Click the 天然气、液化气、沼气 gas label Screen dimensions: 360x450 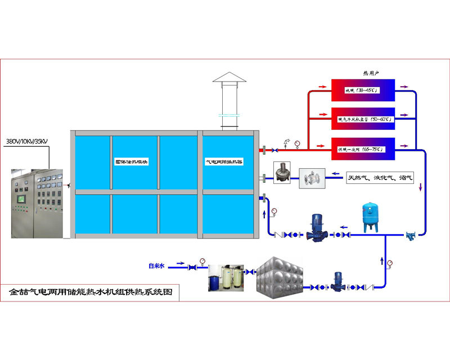click(x=380, y=178)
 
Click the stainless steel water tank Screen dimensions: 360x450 click(x=280, y=276)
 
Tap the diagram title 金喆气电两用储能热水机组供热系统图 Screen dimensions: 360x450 click(x=91, y=293)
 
